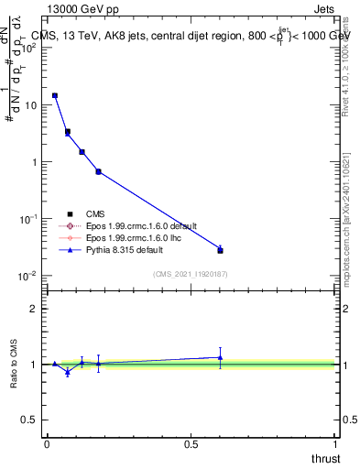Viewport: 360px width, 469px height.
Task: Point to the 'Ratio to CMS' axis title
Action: click(x=16, y=364)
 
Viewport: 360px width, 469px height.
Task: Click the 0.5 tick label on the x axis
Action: click(x=191, y=444)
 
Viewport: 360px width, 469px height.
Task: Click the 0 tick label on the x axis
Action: click(x=47, y=444)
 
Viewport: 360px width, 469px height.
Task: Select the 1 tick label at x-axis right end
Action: click(x=335, y=444)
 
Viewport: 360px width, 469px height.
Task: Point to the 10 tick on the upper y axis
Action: click(x=32, y=105)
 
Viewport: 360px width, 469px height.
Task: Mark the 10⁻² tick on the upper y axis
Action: click(x=30, y=276)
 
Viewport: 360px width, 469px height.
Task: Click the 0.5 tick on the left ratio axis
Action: click(x=30, y=420)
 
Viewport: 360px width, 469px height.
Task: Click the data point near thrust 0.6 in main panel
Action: click(x=220, y=249)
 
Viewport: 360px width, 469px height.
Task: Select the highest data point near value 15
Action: click(x=55, y=95)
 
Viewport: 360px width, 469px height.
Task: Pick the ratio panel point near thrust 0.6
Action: click(x=220, y=357)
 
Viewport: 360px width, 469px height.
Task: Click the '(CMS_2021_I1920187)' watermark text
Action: click(x=191, y=275)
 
